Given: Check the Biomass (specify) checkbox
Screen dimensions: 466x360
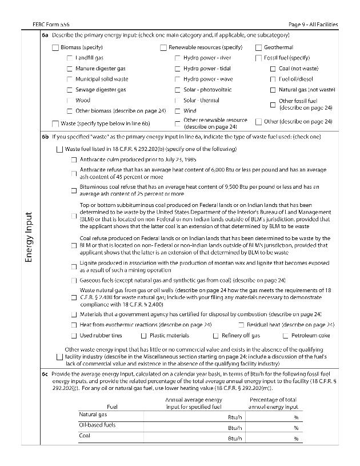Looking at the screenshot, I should point(55,47).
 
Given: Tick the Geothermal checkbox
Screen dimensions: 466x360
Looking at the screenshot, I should point(259,47).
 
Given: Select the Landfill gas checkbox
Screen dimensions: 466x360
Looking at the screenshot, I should point(70,58).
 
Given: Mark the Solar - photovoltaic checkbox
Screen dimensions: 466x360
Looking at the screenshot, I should point(178,90).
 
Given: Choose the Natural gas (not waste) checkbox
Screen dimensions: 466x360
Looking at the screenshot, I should point(273,90).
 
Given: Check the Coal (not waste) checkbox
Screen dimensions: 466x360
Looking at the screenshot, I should point(273,69).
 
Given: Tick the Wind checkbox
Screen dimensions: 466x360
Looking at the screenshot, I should point(178,111).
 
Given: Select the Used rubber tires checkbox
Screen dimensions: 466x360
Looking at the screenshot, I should point(74,336).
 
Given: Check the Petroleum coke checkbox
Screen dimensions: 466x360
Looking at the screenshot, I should point(285,336).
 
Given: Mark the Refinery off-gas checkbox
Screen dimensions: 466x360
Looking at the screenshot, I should point(216,336).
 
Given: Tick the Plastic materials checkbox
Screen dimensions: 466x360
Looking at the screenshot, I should point(144,336).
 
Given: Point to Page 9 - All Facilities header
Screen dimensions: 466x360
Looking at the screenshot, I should point(313,25).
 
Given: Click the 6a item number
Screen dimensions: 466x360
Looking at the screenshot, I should point(45,35).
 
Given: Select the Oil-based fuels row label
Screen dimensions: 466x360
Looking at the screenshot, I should point(97,425).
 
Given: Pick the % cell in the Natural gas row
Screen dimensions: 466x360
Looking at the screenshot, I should point(296,417).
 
